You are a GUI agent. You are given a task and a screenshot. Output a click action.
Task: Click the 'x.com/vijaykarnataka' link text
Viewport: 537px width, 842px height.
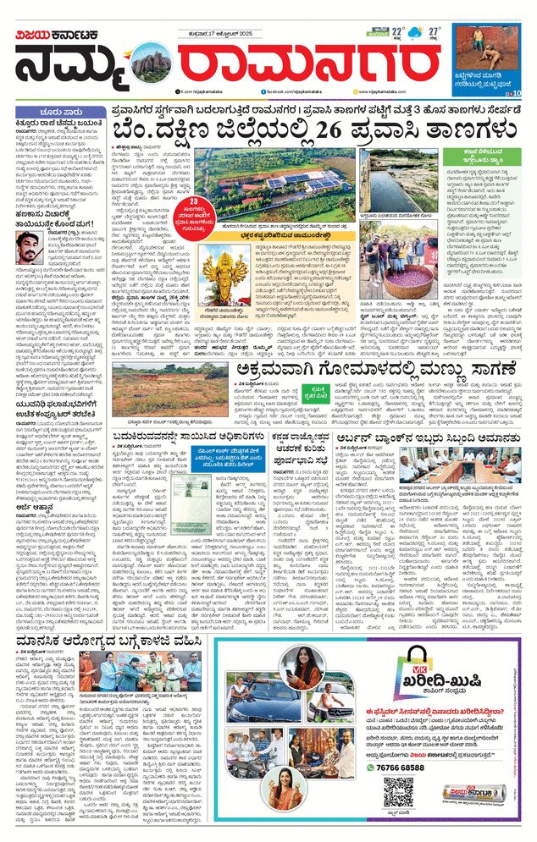point(204,89)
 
